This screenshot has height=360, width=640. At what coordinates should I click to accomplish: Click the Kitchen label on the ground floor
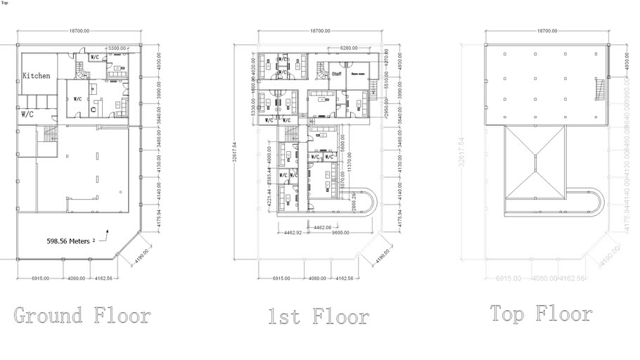coord(36,76)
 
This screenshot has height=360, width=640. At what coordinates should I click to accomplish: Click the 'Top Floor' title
coord(541,313)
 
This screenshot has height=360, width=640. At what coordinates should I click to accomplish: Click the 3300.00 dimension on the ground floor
coord(117,48)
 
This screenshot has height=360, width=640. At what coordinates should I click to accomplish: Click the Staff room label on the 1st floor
coord(336,72)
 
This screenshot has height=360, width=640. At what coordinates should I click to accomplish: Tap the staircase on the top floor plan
coord(599,90)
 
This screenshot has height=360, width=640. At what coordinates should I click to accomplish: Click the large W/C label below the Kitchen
coord(28,113)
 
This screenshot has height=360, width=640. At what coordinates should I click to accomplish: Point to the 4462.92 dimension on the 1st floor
coord(291,233)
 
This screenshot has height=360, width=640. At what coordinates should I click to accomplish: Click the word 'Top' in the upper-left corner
coord(5,3)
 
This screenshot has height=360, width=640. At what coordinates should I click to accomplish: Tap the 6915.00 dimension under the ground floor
coord(40,278)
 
